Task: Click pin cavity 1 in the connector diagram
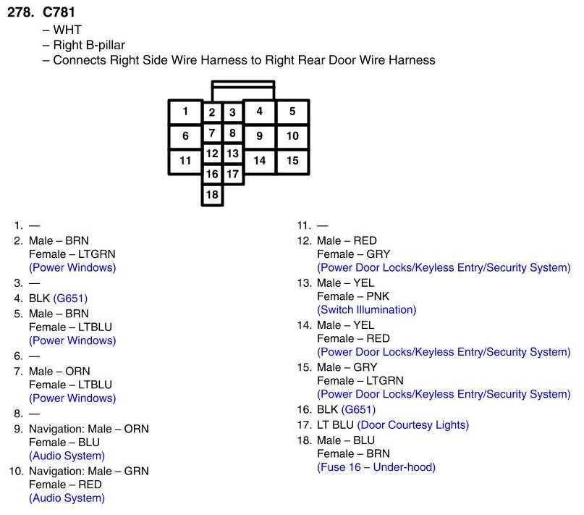[186, 112]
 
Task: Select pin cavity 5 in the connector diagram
[292, 112]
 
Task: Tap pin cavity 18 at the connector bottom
[212, 194]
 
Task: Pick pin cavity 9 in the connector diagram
[259, 135]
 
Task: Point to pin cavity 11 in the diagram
[186, 161]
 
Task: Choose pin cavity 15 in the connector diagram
[292, 161]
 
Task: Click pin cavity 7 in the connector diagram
[212, 133]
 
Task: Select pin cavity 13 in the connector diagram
[232, 154]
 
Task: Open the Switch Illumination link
[367, 309]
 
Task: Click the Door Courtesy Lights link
[412, 424]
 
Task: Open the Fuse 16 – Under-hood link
[376, 467]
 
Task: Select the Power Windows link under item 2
[72, 268]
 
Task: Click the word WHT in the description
[67, 30]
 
